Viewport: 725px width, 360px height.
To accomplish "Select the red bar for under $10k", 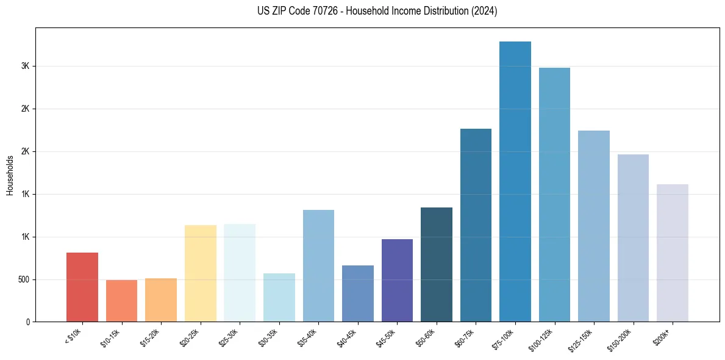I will [82, 287].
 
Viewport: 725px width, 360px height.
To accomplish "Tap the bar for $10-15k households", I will [121, 301].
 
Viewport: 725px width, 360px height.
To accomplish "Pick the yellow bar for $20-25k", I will [200, 273].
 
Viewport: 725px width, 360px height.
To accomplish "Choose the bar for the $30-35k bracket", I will [279, 297].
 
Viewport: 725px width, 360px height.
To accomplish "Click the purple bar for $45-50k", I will [397, 280].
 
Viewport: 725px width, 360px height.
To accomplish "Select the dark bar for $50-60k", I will [437, 264].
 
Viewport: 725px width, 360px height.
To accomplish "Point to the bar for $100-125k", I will [554, 195].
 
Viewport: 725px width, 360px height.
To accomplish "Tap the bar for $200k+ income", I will [672, 253].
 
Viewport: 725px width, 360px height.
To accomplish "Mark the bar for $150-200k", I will [633, 238].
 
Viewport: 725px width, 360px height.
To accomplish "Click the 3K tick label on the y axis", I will [25, 66].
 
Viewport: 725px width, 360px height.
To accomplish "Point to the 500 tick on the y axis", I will [23, 279].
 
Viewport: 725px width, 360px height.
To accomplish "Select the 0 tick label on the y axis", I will [27, 322].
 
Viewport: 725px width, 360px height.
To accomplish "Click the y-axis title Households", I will [10, 175].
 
